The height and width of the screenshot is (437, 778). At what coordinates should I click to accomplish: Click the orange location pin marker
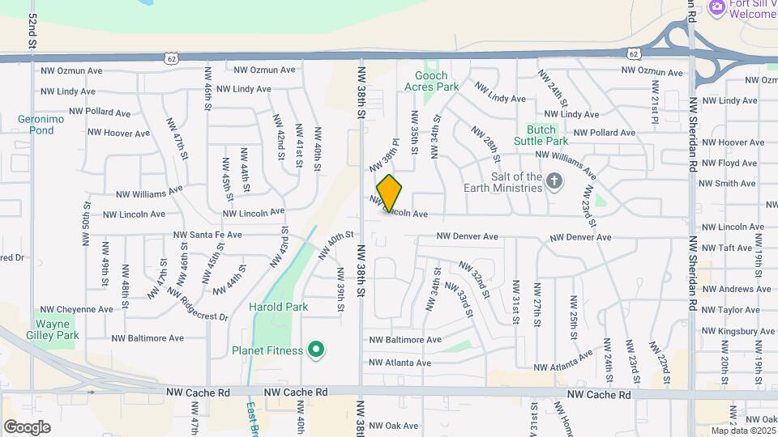(x=389, y=193)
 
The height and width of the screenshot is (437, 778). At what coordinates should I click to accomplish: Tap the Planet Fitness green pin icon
(x=317, y=350)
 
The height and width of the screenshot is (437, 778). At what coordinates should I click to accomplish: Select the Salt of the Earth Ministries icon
(x=554, y=180)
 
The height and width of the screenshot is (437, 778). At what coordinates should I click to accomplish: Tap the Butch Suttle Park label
(x=535, y=134)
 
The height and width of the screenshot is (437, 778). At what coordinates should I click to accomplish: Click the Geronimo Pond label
(x=36, y=124)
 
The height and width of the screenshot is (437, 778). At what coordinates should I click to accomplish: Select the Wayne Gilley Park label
(x=57, y=329)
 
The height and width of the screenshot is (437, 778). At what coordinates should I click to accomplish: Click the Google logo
(x=27, y=427)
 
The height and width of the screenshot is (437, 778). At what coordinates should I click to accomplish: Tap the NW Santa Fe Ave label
(x=207, y=235)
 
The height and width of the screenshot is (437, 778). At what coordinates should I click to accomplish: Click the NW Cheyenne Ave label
(x=78, y=309)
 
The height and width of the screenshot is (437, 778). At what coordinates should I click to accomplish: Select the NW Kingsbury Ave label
(x=737, y=332)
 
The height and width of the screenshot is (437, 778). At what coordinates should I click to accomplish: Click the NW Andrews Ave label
(x=736, y=289)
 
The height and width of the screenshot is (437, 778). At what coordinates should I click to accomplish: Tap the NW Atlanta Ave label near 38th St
(x=400, y=363)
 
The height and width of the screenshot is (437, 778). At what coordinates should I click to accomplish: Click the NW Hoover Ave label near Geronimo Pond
(x=118, y=133)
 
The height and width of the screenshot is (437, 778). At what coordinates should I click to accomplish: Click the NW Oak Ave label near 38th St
(x=392, y=426)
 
